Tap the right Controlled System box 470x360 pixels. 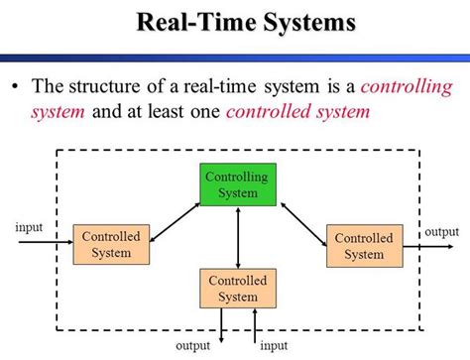click(364, 245)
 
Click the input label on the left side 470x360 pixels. click(29, 227)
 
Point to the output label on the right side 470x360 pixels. click(442, 231)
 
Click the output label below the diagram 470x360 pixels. click(193, 347)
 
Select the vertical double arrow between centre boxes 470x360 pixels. click(238, 237)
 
